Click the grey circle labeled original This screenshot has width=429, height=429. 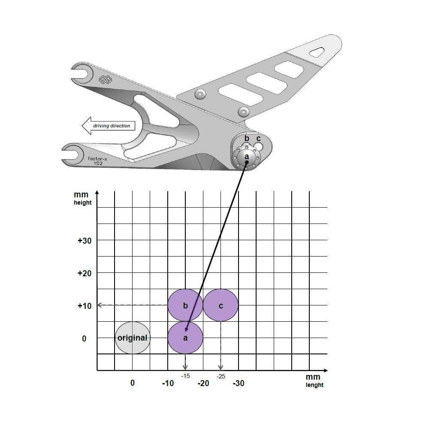tap(132, 338)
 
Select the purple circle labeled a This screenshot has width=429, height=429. tap(185, 338)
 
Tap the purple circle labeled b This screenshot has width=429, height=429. tap(185, 305)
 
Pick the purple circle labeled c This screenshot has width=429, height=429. tap(221, 305)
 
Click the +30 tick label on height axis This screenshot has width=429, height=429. tap(85, 241)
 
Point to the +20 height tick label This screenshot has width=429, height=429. tap(85, 273)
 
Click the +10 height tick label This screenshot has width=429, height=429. tap(85, 306)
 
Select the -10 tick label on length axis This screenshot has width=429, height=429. tap(168, 384)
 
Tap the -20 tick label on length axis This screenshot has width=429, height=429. tap(203, 384)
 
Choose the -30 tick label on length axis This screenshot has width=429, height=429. tap(239, 384)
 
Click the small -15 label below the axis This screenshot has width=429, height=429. tap(185, 376)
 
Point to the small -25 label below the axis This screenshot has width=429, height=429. tap(221, 376)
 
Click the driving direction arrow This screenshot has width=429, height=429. tap(109, 126)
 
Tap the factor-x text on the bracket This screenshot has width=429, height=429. tap(98, 158)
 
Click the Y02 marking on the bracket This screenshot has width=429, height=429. tap(98, 163)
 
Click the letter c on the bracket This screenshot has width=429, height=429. tap(258, 139)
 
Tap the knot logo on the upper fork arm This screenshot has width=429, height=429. tap(105, 79)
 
